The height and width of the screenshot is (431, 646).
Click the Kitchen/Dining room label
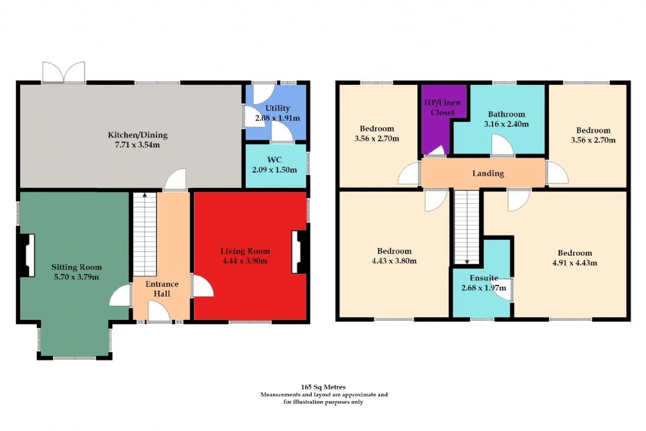pyautogui.click(x=138, y=135)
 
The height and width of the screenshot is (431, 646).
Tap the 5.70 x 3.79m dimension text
pyautogui.click(x=76, y=277)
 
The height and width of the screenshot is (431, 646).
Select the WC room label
pyautogui.click(x=274, y=160)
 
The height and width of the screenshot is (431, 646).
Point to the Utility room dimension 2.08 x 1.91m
pyautogui.click(x=278, y=118)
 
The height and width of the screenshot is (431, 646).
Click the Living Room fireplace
pyautogui.click(x=300, y=252)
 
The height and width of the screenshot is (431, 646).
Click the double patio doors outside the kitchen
pyautogui.click(x=64, y=72)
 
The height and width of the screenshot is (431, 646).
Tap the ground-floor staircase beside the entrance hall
pyautogui.click(x=145, y=234)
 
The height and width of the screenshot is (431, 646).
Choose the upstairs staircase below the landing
pyautogui.click(x=467, y=227)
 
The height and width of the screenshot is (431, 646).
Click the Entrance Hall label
pyautogui.click(x=162, y=289)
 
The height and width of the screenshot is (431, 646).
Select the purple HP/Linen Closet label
pyautogui.click(x=443, y=108)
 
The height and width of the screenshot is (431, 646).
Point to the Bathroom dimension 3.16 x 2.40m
pyautogui.click(x=506, y=124)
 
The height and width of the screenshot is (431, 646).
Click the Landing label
pyautogui.click(x=488, y=173)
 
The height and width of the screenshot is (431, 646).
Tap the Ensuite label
pyautogui.click(x=484, y=278)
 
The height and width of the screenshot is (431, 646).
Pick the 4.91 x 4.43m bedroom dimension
pyautogui.click(x=575, y=263)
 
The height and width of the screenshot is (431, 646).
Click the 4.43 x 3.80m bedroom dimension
pyautogui.click(x=394, y=261)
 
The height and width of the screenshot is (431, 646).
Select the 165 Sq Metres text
pyautogui.click(x=323, y=387)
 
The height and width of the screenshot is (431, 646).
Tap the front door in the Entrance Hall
pyautogui.click(x=158, y=311)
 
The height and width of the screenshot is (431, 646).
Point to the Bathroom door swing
pyautogui.click(x=502, y=145)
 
